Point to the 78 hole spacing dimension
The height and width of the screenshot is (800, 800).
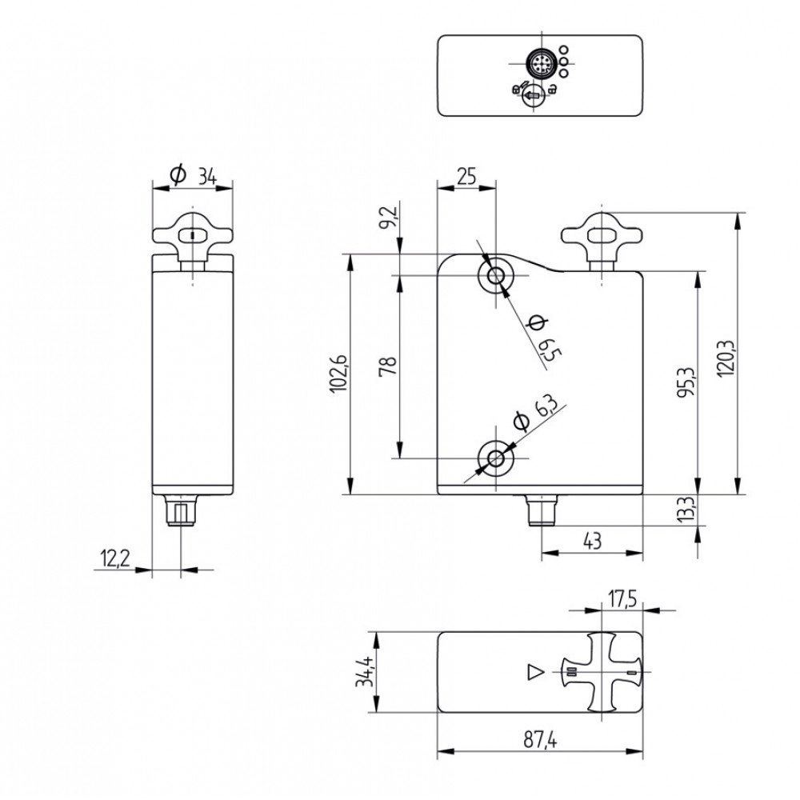point(387,367)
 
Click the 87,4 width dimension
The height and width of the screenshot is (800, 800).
point(541,742)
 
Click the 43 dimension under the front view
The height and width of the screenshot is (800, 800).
point(592,541)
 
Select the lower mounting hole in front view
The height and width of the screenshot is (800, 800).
point(496,458)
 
